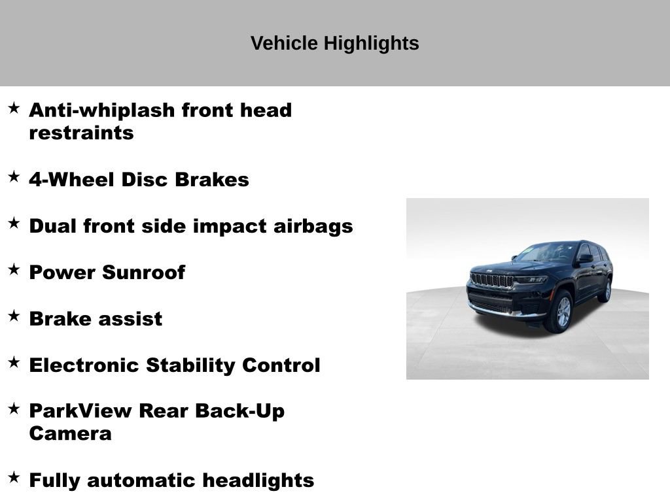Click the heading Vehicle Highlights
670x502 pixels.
pos(334,44)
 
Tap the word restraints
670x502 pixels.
pos(81,133)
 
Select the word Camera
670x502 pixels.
pos(70,433)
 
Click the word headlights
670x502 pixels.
pos(258,480)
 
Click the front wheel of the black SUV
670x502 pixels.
pos(561,312)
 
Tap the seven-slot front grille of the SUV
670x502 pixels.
pos(492,280)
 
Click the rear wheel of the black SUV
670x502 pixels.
pos(607,290)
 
